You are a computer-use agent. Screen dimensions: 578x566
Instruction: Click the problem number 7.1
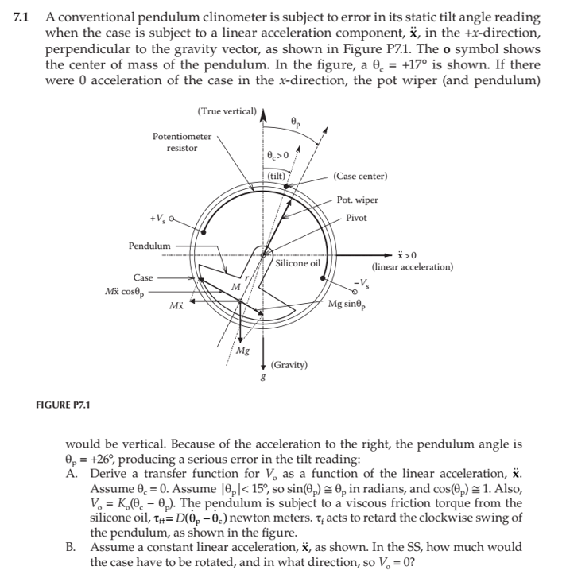tap(22, 17)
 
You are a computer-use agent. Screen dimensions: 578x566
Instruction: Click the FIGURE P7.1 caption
tap(64, 405)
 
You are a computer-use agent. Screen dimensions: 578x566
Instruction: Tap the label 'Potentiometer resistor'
tap(182, 142)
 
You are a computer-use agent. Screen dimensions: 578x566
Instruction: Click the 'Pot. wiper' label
tap(357, 200)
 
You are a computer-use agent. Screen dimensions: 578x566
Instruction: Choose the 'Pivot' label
tap(356, 218)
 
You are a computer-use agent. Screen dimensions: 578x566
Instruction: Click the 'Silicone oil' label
tap(298, 263)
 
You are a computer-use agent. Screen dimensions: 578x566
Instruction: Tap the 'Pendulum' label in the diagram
tap(149, 246)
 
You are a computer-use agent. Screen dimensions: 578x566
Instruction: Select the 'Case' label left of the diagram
tap(143, 277)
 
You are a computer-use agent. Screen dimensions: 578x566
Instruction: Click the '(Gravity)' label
tap(289, 364)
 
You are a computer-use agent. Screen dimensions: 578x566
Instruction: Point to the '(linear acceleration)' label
tap(412, 267)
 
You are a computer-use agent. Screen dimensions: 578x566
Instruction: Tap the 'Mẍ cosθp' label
tap(126, 292)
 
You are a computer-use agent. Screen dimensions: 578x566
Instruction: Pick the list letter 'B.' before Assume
tap(72, 547)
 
